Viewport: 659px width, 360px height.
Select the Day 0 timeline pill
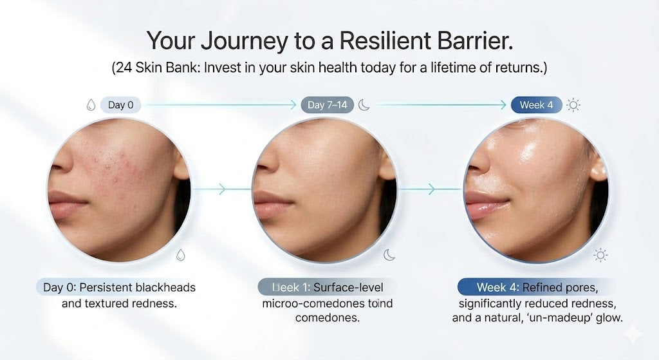[x=120, y=105]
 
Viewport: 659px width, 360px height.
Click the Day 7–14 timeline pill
[x=327, y=105]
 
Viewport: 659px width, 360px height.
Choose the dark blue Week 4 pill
[x=536, y=105]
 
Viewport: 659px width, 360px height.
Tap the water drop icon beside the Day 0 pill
[x=89, y=105]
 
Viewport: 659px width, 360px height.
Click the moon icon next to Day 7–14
[x=365, y=105]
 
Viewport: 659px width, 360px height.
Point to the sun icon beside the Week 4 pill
[x=573, y=105]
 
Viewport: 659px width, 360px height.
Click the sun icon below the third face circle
[x=600, y=256]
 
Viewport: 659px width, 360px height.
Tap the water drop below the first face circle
[x=181, y=255]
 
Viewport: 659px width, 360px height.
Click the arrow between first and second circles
[x=221, y=189]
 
